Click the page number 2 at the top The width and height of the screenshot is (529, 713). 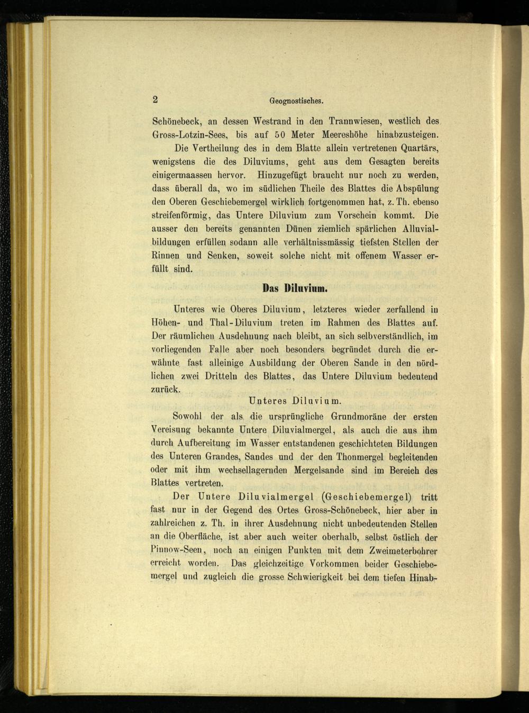[156, 99]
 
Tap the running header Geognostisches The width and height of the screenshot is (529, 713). [296, 101]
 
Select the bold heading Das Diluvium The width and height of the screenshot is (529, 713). [295, 289]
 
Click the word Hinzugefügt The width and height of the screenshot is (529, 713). [282, 175]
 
